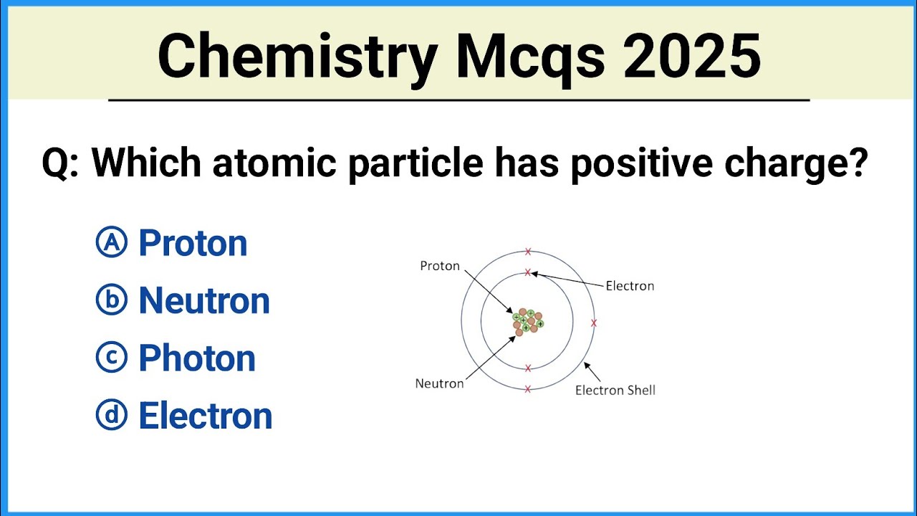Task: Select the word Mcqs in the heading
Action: tap(530, 57)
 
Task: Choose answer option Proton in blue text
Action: tap(193, 244)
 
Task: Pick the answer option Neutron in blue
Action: tap(204, 301)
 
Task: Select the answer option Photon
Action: tap(197, 358)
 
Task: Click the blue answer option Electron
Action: tap(206, 416)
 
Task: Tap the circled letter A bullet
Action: tap(111, 243)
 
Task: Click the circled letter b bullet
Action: tap(111, 300)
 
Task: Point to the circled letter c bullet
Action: tap(111, 358)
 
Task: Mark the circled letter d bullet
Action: tap(111, 415)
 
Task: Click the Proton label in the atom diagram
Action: tap(440, 266)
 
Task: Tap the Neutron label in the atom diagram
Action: tap(439, 383)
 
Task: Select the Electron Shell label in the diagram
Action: tap(615, 391)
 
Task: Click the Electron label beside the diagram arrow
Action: tap(630, 286)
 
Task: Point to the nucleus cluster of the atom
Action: tap(528, 322)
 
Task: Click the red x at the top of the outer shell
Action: tap(528, 252)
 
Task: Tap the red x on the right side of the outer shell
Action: tap(593, 323)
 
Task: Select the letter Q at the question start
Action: tap(56, 163)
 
